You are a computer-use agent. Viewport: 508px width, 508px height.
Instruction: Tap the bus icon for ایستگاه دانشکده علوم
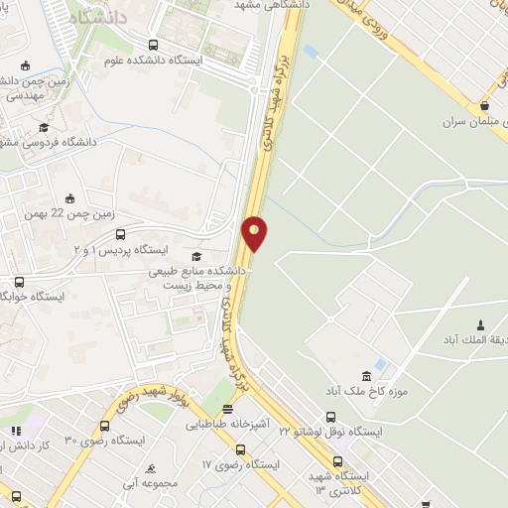pyautogui.click(x=153, y=45)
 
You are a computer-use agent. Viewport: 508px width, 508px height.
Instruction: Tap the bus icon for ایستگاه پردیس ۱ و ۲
pyautogui.click(x=121, y=235)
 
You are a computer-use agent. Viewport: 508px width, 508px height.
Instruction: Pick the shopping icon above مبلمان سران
pyautogui.click(x=484, y=106)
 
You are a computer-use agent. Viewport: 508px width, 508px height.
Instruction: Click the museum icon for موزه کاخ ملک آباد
pyautogui.click(x=367, y=375)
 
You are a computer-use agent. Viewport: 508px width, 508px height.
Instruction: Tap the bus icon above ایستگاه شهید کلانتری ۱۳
pyautogui.click(x=337, y=460)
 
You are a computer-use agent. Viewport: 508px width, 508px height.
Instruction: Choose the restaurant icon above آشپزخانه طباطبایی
pyautogui.click(x=228, y=408)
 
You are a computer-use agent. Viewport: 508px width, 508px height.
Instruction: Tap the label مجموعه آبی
pyautogui.click(x=149, y=483)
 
